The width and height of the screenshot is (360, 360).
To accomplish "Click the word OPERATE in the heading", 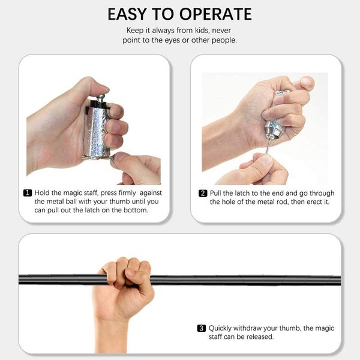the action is point(215,14).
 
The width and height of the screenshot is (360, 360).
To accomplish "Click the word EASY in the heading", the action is point(127,14).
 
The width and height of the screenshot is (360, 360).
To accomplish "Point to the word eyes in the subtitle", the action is point(172,40).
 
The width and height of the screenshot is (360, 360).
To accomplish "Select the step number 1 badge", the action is point(28,193).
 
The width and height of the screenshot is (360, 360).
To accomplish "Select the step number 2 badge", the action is point(203,193).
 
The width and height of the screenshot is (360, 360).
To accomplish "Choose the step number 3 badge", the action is point(202,328).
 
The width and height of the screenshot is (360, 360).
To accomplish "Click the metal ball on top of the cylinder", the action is point(101,98).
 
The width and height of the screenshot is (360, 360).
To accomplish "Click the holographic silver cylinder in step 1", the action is point(97,131).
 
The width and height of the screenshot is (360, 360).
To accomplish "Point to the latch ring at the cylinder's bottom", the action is point(98,157).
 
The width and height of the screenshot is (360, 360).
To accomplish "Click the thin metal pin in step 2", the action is point(268,146).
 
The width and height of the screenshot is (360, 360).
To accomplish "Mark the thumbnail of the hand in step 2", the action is point(307,81).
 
